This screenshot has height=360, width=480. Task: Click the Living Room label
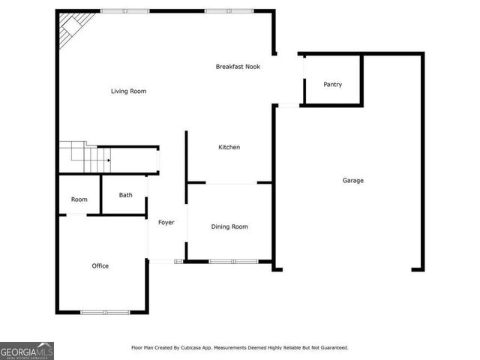[128, 91]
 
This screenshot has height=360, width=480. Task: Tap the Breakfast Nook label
[238, 67]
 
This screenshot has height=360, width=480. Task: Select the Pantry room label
[332, 85]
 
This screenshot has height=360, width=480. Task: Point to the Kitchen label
[229, 147]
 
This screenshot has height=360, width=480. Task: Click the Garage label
[352, 180]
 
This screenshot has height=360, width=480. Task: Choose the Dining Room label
[229, 226]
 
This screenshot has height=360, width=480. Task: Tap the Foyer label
[166, 222]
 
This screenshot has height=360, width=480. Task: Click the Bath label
[125, 195]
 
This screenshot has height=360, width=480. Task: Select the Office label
[100, 265]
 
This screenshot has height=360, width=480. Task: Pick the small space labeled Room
[79, 199]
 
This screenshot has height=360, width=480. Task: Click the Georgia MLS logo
[27, 350]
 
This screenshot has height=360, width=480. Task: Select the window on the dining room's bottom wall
[233, 261]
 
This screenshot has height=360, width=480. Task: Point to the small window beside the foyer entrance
[179, 261]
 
